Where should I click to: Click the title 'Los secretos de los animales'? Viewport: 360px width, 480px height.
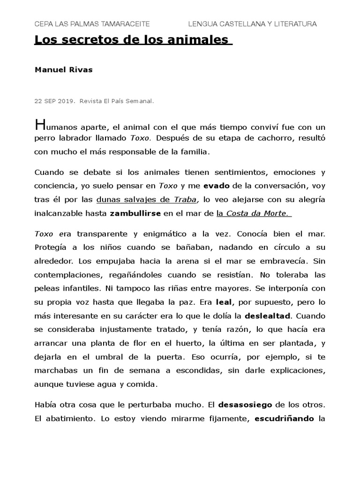click(133, 40)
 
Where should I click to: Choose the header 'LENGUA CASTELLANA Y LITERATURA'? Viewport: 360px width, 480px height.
click(252, 24)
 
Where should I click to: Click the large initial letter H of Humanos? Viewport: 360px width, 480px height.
click(41, 125)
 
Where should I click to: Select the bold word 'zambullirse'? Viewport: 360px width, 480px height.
click(135, 213)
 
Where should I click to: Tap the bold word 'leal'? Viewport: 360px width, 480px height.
click(224, 302)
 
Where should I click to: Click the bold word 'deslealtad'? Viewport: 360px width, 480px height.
click(265, 316)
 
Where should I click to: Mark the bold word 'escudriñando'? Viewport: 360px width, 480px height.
click(284, 418)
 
